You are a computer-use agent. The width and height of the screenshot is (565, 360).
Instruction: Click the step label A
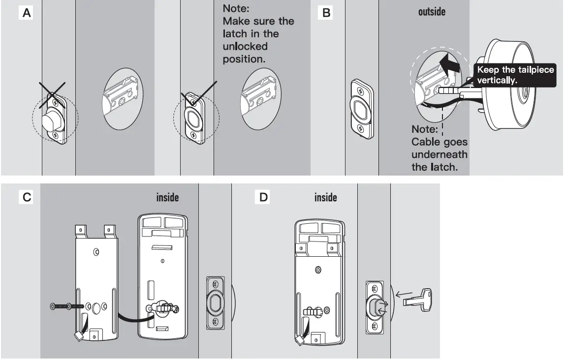coord(27,13)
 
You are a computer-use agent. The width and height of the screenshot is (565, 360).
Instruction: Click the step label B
coord(325,13)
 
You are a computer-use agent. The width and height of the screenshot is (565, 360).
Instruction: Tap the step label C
coord(27,197)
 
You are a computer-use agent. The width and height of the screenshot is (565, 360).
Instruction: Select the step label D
coord(264,197)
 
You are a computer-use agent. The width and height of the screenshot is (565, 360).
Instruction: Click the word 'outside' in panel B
coord(432,11)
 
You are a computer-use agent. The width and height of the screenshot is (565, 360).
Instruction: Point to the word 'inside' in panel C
coord(167,198)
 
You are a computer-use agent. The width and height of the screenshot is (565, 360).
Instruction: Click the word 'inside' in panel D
coord(325,198)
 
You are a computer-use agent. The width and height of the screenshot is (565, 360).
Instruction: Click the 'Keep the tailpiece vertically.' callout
coord(515,75)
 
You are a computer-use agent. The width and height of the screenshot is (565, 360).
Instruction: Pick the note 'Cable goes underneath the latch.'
coord(439,148)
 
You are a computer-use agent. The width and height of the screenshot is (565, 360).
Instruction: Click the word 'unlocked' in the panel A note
coord(245,46)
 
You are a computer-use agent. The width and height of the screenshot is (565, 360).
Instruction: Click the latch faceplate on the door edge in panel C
coord(215,302)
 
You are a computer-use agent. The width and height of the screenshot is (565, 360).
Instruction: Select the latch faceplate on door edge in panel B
coord(362,108)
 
